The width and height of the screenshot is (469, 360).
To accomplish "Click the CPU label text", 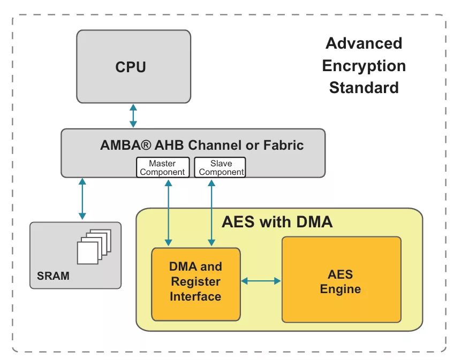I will pyautogui.click(x=131, y=67).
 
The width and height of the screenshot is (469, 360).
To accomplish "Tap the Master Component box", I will pyautogui.click(x=162, y=167).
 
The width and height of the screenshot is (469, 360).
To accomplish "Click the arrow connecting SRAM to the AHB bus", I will pyautogui.click(x=82, y=200).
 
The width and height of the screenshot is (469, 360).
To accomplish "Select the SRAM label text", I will pyautogui.click(x=53, y=277).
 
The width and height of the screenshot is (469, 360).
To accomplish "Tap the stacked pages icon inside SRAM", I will pyautogui.click(x=94, y=246).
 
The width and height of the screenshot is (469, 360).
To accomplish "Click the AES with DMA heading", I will pyautogui.click(x=277, y=221).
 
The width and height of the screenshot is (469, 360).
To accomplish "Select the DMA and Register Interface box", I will pyautogui.click(x=195, y=284).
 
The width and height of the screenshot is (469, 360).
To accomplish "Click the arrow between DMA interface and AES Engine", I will pyautogui.click(x=261, y=280).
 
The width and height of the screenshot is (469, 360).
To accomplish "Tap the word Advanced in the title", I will pyautogui.click(x=364, y=43).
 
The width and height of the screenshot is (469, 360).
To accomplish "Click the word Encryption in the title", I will pyautogui.click(x=364, y=66).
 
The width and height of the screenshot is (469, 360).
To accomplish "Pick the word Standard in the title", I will pyautogui.click(x=364, y=87).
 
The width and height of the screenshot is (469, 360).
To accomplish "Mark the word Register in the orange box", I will pyautogui.click(x=195, y=281).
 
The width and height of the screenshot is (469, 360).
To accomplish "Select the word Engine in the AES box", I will pyautogui.click(x=341, y=289).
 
